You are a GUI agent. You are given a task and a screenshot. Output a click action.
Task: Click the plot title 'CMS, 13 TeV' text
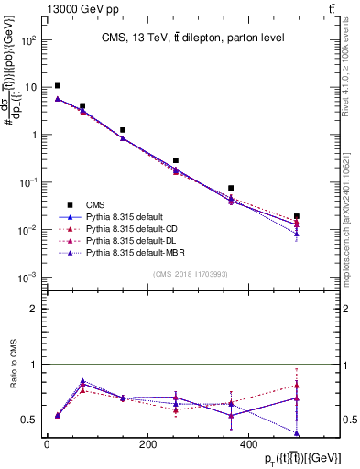[192, 38]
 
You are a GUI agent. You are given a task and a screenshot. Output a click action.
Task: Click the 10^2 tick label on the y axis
[27, 40]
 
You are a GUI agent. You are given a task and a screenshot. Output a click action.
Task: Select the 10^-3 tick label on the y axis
[27, 277]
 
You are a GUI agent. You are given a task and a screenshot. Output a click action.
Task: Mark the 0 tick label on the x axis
[47, 444]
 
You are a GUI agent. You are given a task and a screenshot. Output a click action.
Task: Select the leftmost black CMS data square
[58, 86]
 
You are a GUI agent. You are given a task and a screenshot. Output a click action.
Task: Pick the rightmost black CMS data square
[297, 216]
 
